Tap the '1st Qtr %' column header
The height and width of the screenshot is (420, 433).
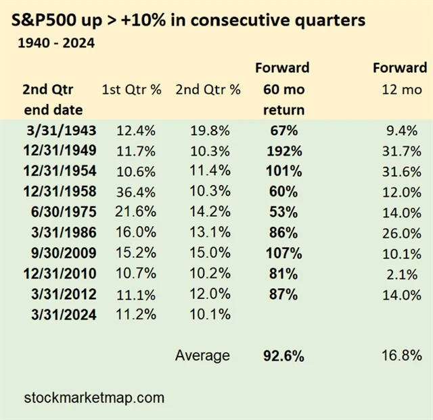pyautogui.click(x=131, y=90)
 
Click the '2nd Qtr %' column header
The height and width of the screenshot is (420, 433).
pyautogui.click(x=207, y=90)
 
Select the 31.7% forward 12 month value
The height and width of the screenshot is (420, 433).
pyautogui.click(x=403, y=150)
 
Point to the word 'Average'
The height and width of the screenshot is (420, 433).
pyautogui.click(x=202, y=355)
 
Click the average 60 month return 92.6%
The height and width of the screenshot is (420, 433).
pyautogui.click(x=281, y=355)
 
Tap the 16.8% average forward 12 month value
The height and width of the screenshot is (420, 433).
pyautogui.click(x=403, y=355)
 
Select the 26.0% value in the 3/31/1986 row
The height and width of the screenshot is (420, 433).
pyautogui.click(x=403, y=233)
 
